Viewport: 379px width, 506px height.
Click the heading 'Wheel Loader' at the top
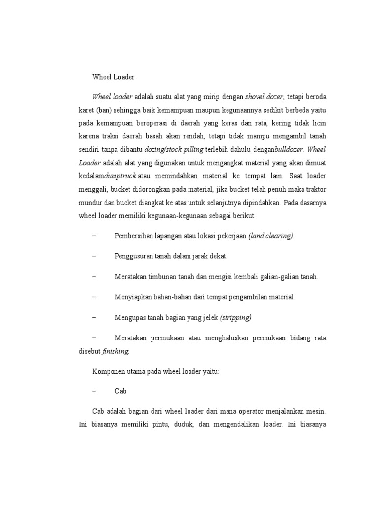114,77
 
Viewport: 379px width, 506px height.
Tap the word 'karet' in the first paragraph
87,109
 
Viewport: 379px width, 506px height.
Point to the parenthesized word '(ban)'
106,109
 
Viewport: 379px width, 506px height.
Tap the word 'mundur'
90,202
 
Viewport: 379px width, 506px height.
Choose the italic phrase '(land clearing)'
271,236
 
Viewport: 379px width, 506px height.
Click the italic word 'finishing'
115,351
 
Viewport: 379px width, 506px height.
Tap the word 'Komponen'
108,371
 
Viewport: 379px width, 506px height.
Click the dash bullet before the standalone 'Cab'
94,391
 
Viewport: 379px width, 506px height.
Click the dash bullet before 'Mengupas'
94,317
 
